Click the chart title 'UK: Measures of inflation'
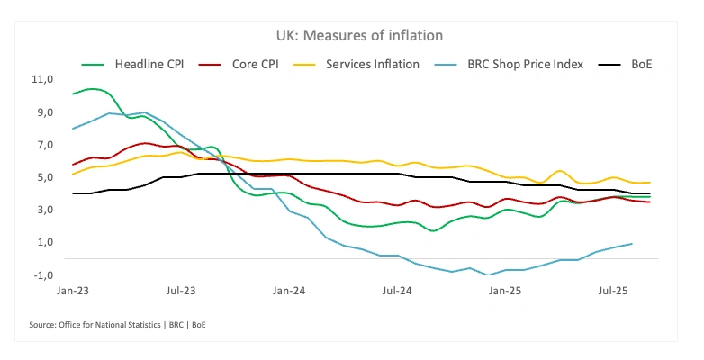click(x=352, y=35)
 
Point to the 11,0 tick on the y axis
click(x=42, y=79)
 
